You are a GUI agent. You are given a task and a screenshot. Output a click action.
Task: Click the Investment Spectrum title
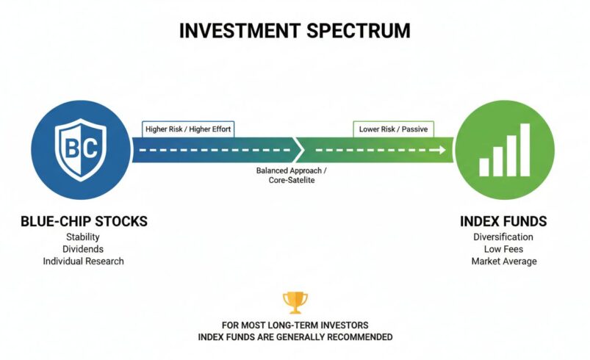point(295,31)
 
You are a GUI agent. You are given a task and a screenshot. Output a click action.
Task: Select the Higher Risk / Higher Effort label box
point(188,129)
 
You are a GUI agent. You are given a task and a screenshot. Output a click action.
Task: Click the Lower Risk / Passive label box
point(393,129)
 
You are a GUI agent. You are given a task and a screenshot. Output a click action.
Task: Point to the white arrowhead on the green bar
point(442,150)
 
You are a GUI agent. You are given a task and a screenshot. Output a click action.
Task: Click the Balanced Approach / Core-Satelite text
point(291,175)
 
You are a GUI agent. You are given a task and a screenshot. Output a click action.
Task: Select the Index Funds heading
point(503,221)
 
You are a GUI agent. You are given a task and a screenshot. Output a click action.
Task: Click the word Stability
point(83,237)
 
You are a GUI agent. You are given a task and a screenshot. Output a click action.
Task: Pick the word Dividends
point(83,249)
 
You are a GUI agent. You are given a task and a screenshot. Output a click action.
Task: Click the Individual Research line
point(83,261)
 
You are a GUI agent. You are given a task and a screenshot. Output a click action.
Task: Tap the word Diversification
point(503,237)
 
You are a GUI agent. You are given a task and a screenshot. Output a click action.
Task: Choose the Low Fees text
point(503,249)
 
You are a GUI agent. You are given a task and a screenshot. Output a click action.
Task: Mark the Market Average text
point(503,261)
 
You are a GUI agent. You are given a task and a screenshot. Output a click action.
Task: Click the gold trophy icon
point(295,302)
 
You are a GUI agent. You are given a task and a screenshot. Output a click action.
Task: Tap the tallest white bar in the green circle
point(525,150)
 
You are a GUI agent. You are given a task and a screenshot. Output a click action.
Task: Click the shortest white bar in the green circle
point(484,167)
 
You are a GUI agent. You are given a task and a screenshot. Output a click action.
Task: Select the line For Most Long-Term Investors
point(295,325)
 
